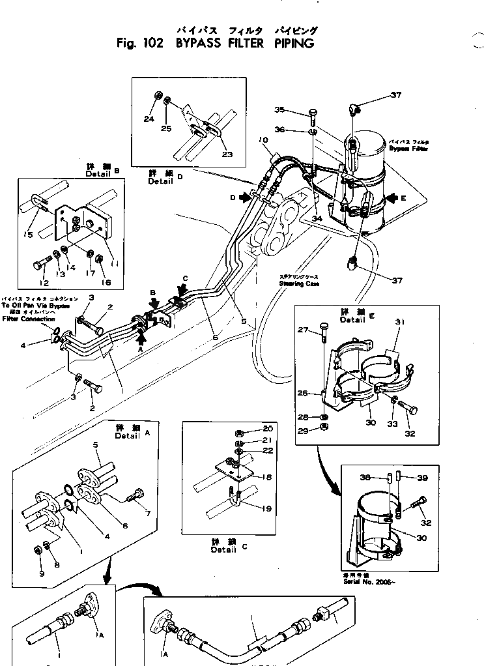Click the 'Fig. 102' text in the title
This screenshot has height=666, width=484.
click(x=138, y=44)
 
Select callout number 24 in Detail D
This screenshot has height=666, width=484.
click(x=149, y=119)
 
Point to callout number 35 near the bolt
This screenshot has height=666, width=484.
click(x=280, y=109)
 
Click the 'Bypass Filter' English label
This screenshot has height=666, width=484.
click(x=410, y=148)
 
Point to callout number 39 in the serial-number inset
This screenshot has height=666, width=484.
click(x=423, y=478)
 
